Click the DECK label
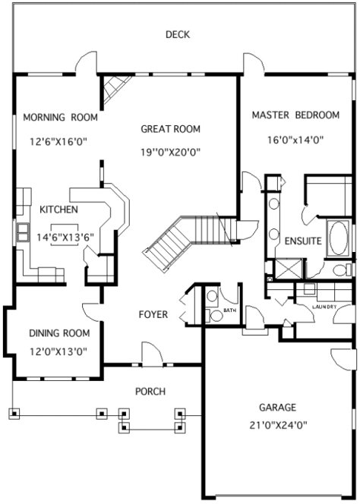(x=177, y=34)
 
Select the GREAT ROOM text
(x=169, y=129)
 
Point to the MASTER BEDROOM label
(x=295, y=115)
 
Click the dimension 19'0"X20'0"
(x=169, y=152)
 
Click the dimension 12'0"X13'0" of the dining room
(x=59, y=351)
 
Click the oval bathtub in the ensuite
(x=338, y=238)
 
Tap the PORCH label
(x=150, y=392)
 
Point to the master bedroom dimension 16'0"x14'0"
(x=295, y=140)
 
